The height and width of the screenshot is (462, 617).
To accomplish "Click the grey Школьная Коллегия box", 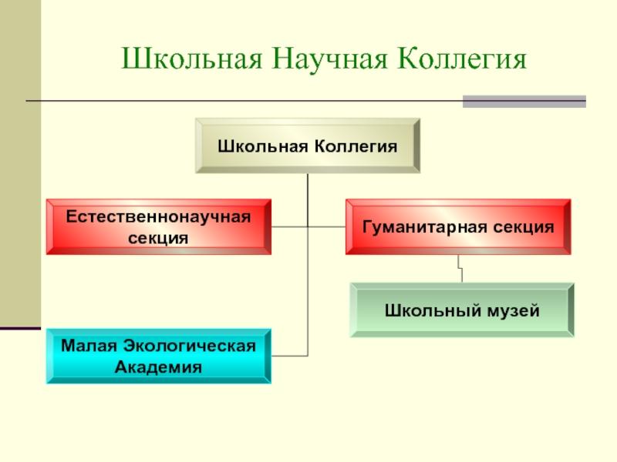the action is click(x=308, y=146).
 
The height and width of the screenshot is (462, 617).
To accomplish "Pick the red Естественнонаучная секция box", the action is click(x=158, y=227).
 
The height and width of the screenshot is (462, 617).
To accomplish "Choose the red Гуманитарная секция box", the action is click(x=458, y=227).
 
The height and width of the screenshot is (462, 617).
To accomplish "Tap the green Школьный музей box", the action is click(x=462, y=310).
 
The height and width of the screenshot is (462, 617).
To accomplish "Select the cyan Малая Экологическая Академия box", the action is click(x=158, y=356).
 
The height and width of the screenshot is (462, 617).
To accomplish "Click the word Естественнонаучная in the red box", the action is click(x=158, y=216).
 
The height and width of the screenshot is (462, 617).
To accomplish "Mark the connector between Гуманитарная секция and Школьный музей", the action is click(x=460, y=269).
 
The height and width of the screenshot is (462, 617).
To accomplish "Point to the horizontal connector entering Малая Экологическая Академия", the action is click(x=290, y=356).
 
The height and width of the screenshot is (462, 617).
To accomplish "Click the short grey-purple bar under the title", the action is click(x=524, y=101).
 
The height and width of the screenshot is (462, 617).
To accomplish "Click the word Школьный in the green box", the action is click(x=428, y=311).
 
